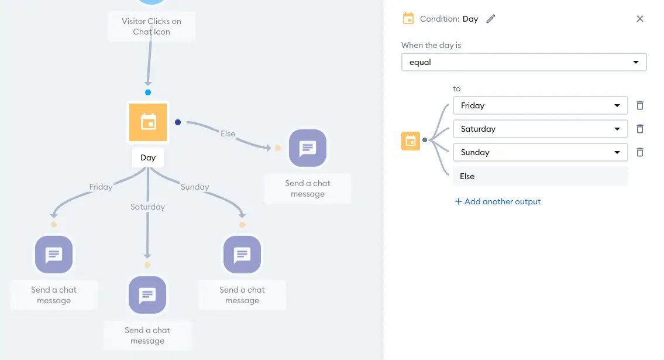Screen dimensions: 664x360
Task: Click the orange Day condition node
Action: click(148, 122)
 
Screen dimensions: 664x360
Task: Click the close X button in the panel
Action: click(640, 19)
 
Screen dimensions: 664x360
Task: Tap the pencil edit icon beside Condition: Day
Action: click(490, 19)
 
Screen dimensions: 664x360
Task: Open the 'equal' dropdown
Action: click(524, 62)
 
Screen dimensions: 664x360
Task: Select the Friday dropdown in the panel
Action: click(541, 105)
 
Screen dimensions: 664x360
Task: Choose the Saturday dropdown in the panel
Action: click(541, 129)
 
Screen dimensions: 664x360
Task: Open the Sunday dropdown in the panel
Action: click(541, 152)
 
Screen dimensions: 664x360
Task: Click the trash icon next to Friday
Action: click(640, 105)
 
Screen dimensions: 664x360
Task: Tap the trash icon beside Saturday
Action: click(640, 129)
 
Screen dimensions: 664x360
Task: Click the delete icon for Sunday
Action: click(640, 152)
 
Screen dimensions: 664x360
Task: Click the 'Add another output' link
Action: click(498, 201)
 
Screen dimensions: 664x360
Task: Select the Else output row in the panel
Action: click(541, 176)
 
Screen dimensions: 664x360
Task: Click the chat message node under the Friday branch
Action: click(54, 255)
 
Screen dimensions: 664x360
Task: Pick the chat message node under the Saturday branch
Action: click(147, 295)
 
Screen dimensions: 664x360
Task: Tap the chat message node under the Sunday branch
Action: click(242, 255)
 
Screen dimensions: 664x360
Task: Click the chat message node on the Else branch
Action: click(308, 148)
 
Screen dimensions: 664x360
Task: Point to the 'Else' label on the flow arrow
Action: click(228, 133)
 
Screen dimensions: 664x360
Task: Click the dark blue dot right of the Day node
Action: click(178, 122)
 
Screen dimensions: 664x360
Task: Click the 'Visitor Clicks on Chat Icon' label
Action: click(152, 26)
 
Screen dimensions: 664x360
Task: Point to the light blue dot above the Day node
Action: click(148, 92)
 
